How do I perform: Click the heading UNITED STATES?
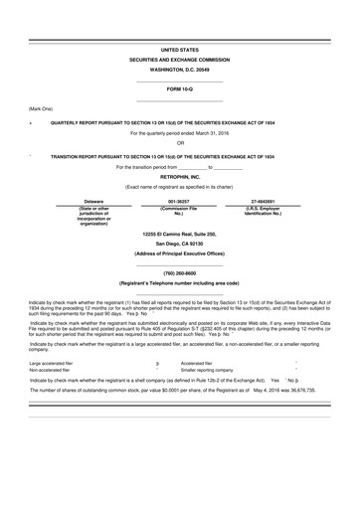point(179,49)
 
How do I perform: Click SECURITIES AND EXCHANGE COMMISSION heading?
point(179,60)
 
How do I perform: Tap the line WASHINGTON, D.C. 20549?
point(179,71)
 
